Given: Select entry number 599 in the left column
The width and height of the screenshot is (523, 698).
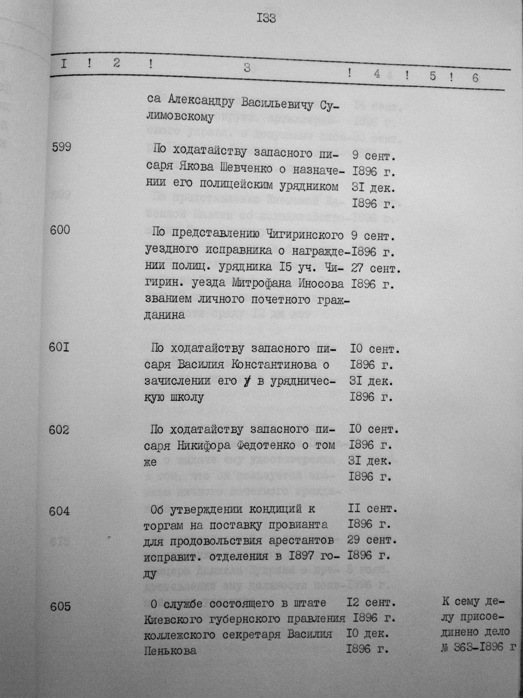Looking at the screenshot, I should click(61, 147).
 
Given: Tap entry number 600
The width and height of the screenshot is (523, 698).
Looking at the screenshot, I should click(60, 230).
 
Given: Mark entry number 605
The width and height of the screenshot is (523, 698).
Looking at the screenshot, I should click(60, 606).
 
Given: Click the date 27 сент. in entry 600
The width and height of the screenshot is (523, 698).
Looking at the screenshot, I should click(375, 268).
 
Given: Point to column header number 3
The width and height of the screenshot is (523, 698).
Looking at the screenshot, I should click(247, 67).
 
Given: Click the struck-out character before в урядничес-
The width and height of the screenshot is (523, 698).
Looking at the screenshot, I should click(247, 381).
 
